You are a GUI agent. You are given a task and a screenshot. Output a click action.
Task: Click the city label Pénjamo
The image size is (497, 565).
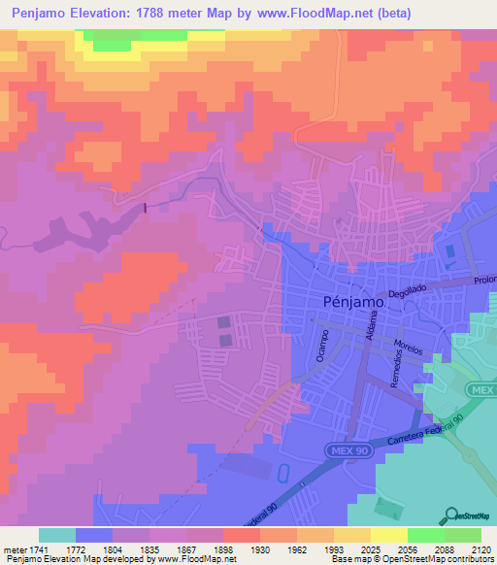(351, 302)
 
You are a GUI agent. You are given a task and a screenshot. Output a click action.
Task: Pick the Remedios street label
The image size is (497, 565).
(395, 371)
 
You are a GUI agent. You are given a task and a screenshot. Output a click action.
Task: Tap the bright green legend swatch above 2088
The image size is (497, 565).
(426, 535)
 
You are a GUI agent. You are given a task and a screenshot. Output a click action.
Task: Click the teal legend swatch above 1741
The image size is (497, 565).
(57, 535)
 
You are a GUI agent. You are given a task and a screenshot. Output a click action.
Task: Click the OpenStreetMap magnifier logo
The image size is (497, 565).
(451, 515)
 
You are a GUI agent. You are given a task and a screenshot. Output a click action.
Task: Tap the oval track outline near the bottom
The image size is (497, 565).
(282, 475)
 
